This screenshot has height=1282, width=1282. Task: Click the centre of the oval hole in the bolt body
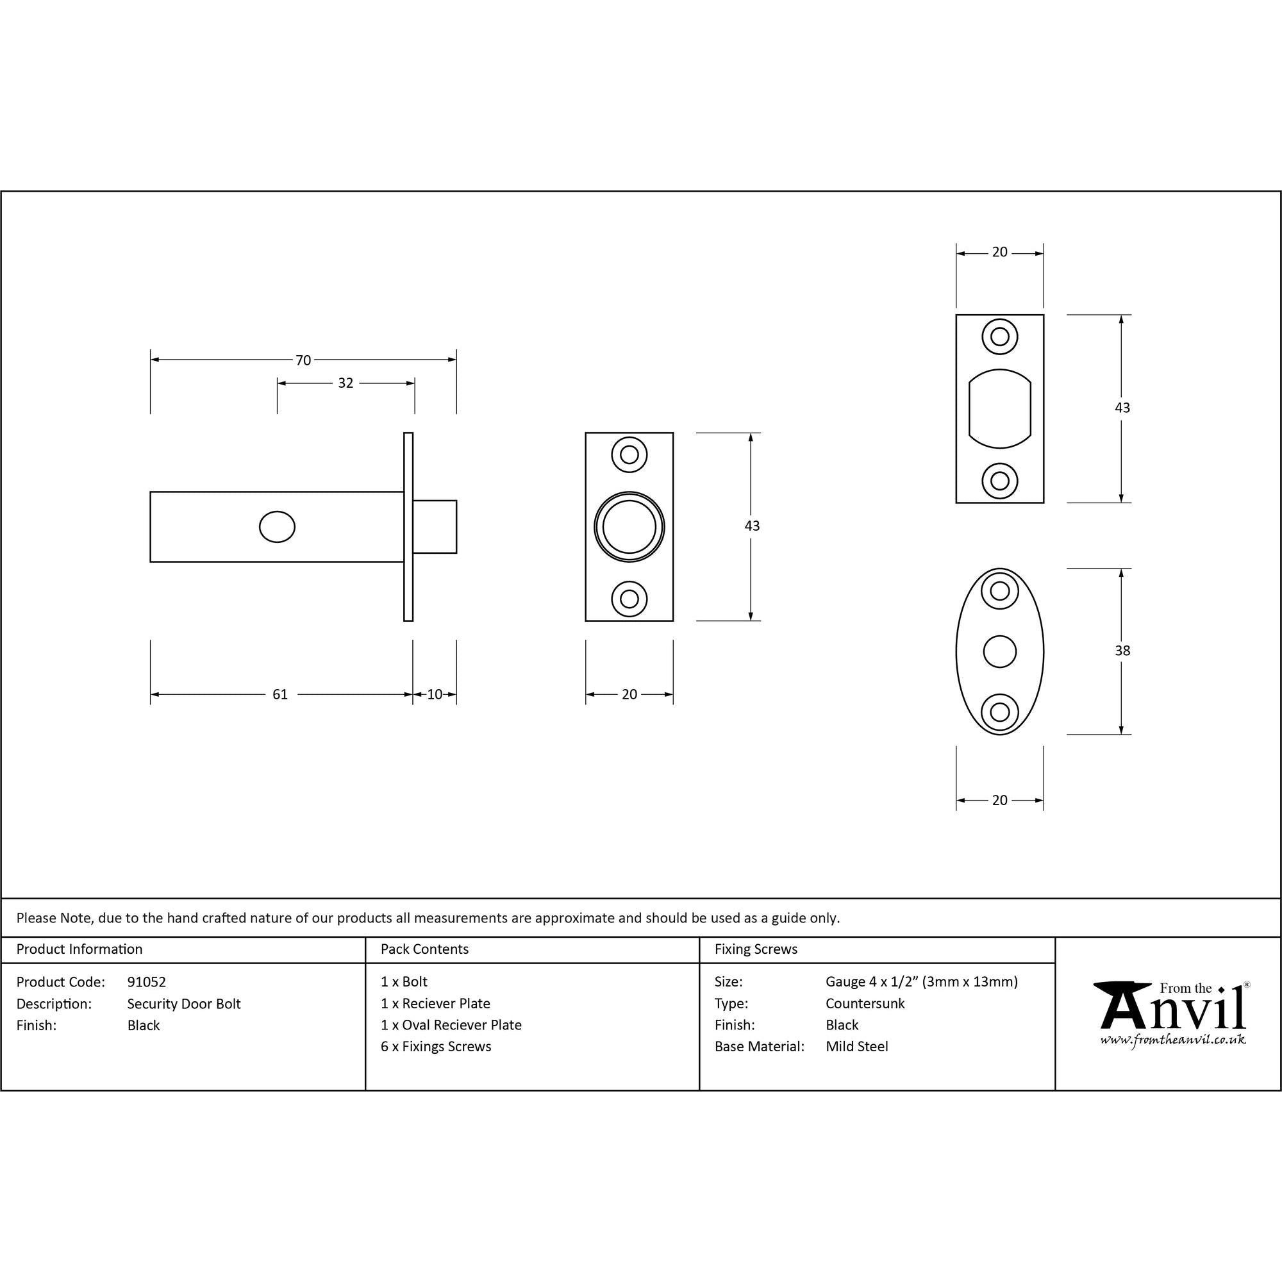277,527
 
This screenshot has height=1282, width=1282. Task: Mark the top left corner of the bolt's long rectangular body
151,492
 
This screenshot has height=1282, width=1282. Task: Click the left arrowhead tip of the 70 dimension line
151,360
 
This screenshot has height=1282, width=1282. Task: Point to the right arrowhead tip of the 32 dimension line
415,383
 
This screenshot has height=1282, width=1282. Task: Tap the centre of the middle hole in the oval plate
999,651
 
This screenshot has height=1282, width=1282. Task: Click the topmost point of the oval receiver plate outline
999,568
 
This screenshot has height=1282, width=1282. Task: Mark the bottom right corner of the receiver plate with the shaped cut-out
1044,503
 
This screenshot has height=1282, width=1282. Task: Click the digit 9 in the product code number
131,981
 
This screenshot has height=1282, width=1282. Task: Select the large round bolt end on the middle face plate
629,527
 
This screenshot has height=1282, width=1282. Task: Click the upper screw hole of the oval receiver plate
999,590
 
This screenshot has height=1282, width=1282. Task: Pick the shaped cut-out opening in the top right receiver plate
999,408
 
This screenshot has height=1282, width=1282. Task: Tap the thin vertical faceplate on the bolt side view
408,527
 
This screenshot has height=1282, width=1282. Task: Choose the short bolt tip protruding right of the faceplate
435,526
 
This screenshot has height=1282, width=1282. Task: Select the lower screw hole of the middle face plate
629,599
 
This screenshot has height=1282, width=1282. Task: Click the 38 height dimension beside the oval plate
1122,651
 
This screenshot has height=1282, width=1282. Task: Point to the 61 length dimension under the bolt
280,694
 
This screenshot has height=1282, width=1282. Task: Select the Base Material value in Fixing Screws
856,1047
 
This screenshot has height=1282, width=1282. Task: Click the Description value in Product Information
184,1004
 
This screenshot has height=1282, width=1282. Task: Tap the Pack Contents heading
425,949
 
